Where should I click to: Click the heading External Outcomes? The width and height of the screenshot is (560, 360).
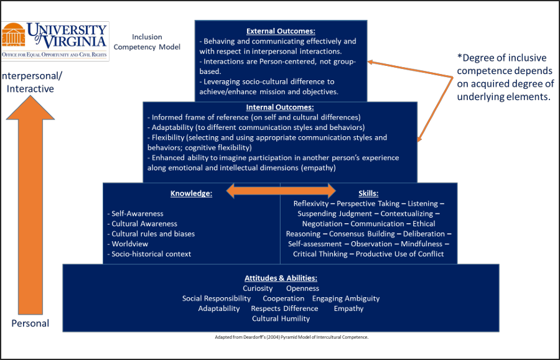[x=281, y=30]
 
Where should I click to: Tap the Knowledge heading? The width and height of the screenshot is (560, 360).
[x=191, y=193]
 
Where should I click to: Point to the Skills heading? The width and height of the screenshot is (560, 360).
[x=368, y=193]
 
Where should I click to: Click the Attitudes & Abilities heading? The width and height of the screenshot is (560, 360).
[x=281, y=278]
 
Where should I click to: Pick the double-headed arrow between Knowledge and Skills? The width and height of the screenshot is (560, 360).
[x=281, y=191]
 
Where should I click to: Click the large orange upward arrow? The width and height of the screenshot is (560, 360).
[x=30, y=205]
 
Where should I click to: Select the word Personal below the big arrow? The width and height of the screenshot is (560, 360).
[x=30, y=323]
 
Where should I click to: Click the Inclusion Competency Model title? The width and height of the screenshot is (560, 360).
[x=156, y=42]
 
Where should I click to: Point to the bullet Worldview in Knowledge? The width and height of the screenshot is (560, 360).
[x=129, y=244]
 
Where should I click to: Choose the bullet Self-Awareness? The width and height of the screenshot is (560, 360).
[x=137, y=213]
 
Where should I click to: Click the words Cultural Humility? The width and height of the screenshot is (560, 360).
[x=281, y=318]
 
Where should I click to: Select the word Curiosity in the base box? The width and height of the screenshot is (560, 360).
[x=258, y=288]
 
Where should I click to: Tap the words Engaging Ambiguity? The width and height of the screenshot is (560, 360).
[x=345, y=298]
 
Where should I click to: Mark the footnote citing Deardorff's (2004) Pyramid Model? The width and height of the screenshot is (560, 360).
[x=291, y=337]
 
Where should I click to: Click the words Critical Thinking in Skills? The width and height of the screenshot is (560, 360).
[x=320, y=254]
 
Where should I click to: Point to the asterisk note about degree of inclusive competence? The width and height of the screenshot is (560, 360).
[x=505, y=77]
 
